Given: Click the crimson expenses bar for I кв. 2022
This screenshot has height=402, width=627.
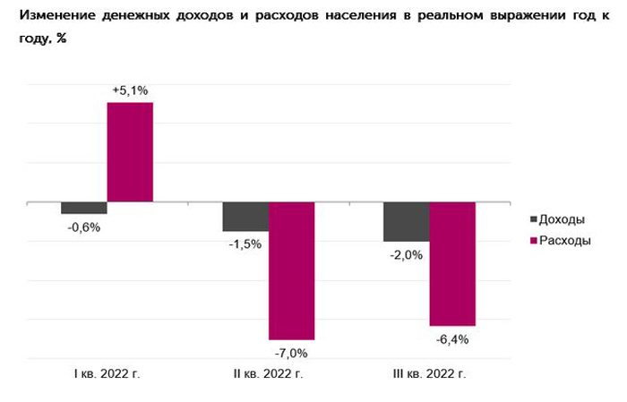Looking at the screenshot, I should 130,152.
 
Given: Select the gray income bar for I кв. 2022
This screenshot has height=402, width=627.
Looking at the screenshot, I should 84,208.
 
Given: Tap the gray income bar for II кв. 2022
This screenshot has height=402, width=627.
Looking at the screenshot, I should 245,217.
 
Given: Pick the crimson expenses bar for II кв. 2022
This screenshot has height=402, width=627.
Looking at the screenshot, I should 291,270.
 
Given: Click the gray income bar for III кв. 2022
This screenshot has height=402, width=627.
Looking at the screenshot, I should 406,221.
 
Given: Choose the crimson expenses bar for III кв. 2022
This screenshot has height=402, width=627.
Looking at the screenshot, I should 452,263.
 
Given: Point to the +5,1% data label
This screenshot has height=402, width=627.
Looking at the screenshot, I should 130,90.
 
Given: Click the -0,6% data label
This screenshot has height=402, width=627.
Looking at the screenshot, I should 84,227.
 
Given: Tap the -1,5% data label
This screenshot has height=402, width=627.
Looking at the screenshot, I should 245,244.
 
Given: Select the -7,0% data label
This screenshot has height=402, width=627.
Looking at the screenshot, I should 291,352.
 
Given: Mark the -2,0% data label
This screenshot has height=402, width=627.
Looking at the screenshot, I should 406,254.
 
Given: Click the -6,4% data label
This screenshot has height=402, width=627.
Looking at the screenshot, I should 452,338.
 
